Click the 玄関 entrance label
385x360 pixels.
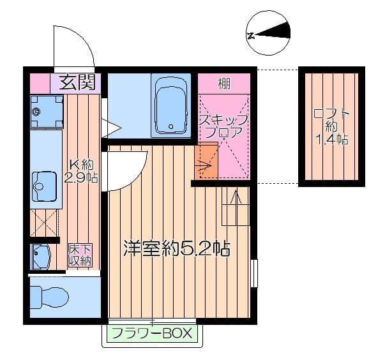(x=77, y=82)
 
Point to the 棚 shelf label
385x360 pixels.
(x=223, y=83)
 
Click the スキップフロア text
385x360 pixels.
(x=223, y=126)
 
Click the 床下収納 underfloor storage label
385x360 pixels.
(x=80, y=255)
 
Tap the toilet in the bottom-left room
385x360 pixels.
(x=51, y=296)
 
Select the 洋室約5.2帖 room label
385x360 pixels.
(x=176, y=248)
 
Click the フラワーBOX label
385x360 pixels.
(x=152, y=333)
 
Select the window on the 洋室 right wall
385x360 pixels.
(x=254, y=273)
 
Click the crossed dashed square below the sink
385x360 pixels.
(x=45, y=223)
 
